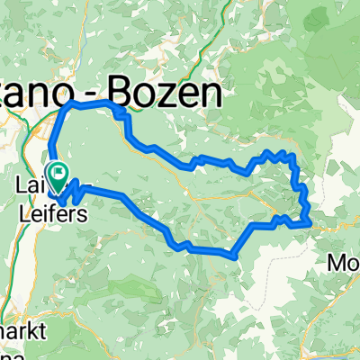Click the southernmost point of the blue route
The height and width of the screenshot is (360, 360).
[x=234, y=256]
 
